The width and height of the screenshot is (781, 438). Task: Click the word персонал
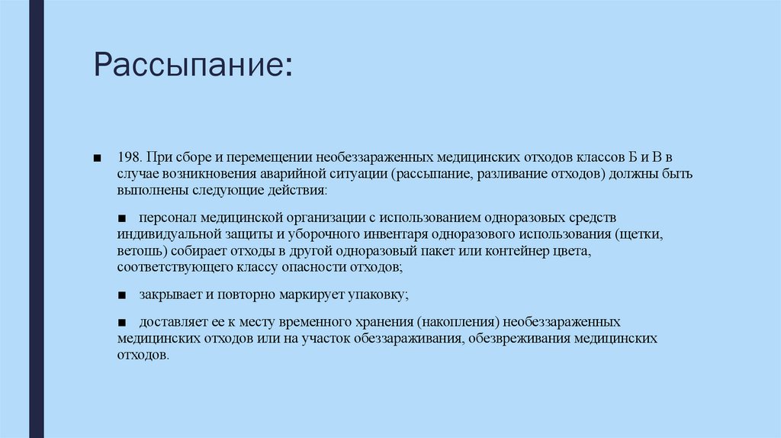point(164,217)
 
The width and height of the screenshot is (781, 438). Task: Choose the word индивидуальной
point(162,234)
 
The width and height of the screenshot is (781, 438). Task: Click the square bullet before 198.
point(97,157)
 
